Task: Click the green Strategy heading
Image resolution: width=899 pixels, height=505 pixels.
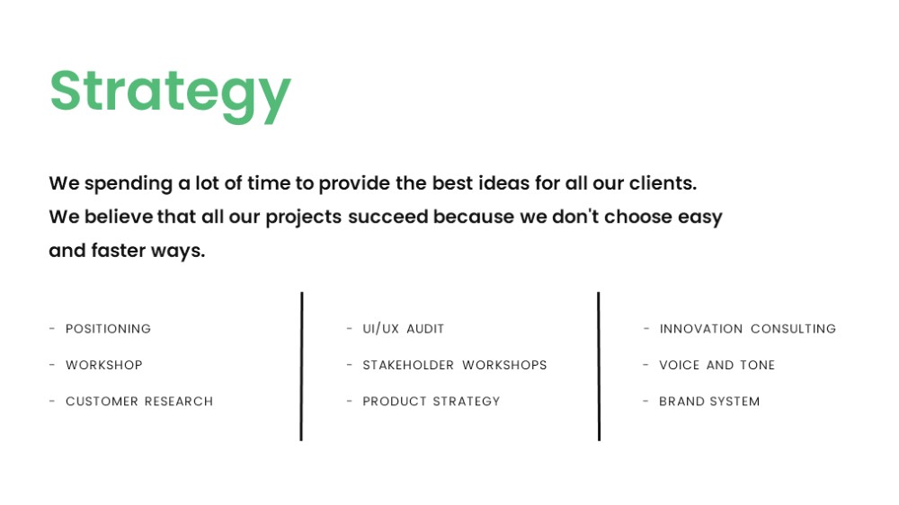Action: (170, 94)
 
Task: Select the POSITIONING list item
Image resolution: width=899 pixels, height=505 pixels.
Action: (109, 329)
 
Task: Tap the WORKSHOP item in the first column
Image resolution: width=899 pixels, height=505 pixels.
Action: (103, 365)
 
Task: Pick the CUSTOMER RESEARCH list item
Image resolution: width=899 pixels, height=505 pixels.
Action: (139, 402)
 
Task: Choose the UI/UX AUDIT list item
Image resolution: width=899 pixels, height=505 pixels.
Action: (403, 329)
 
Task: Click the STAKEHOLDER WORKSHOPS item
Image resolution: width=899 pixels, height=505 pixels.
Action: (455, 365)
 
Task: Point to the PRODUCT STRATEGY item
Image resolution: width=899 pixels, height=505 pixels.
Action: (432, 402)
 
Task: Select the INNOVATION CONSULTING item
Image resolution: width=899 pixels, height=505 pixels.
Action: (748, 329)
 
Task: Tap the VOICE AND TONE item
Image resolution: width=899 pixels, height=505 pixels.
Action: (717, 365)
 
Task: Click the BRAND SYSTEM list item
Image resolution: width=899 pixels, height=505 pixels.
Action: (709, 402)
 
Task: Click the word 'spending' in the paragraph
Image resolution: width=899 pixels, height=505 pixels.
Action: (129, 184)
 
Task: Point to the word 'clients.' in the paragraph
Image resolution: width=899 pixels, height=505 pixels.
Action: (663, 183)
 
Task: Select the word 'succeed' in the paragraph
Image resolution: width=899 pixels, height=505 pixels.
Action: (388, 217)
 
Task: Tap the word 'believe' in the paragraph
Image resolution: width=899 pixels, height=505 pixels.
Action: (119, 217)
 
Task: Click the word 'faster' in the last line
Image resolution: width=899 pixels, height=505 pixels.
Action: (118, 251)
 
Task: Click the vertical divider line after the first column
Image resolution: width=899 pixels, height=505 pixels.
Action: (301, 367)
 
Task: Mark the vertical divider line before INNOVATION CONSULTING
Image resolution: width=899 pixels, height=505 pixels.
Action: (599, 367)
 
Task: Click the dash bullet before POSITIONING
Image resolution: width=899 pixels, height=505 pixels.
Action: (52, 329)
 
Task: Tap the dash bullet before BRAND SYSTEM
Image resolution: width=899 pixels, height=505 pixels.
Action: (645, 401)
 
